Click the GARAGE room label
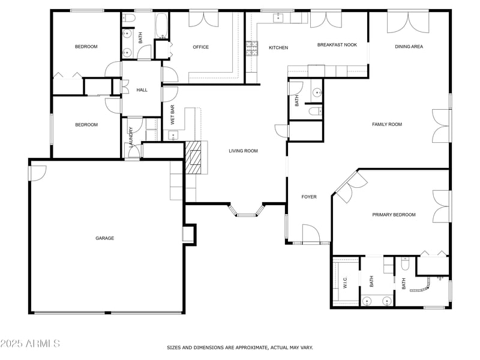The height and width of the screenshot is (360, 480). (104, 238)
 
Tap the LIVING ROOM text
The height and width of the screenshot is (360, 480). (243, 151)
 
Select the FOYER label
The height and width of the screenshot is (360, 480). (309, 197)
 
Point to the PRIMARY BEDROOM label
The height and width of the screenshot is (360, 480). (394, 215)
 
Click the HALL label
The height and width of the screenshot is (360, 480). (142, 90)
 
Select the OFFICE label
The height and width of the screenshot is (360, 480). (200, 47)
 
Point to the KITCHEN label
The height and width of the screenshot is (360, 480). (278, 48)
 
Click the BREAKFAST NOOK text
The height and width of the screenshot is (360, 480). (337, 44)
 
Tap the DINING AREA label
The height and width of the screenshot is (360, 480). (409, 47)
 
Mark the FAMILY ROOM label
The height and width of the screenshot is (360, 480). (387, 125)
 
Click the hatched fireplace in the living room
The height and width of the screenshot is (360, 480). (193, 157)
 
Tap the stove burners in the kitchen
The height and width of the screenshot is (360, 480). (251, 48)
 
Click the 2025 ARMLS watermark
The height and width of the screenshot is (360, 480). (30, 344)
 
